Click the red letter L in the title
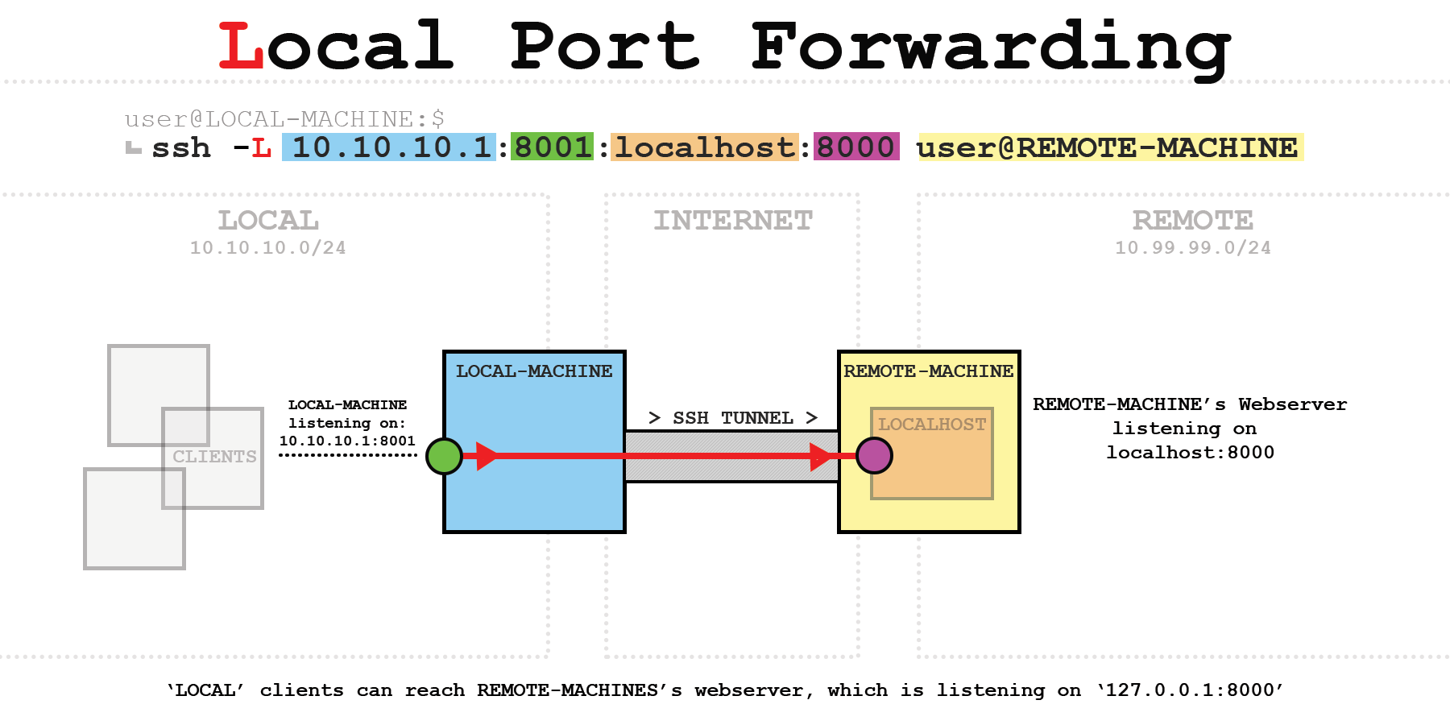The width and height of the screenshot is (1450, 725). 241,47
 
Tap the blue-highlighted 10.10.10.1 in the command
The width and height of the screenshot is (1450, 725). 391,147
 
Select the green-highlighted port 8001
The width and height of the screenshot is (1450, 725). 553,147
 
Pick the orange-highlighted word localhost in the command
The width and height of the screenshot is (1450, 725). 705,147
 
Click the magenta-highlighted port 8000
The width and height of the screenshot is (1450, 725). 855,147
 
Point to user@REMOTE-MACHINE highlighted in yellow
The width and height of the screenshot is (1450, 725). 1108,147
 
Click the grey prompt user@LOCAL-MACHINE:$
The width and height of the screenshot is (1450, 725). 284,119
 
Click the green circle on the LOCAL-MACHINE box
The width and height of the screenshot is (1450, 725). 444,456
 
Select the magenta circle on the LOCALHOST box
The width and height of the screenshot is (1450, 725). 874,456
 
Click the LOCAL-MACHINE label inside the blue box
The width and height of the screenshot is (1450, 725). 534,371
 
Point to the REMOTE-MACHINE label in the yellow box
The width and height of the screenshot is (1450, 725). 928,371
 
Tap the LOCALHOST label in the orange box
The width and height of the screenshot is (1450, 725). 932,425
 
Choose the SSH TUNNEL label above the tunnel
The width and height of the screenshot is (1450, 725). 733,418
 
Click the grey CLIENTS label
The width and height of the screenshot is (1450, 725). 214,457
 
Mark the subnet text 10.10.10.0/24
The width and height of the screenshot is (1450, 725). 268,248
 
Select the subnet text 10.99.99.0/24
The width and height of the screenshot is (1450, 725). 1192,248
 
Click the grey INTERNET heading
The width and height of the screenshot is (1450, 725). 733,221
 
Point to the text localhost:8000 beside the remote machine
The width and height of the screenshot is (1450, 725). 1190,453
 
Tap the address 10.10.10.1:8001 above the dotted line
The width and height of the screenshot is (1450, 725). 347,441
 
